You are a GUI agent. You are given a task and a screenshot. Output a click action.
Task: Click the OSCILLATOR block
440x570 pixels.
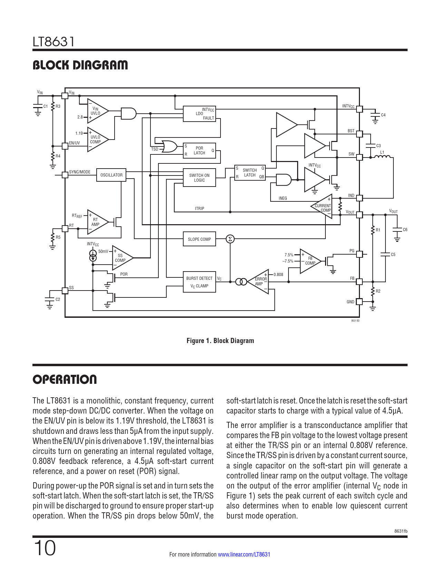[111, 175]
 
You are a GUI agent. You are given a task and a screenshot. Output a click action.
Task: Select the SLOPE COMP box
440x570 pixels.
[199, 239]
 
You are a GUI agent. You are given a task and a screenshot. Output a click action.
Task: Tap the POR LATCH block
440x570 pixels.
[199, 151]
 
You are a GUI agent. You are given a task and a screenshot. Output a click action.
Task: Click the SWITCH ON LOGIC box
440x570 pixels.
[199, 178]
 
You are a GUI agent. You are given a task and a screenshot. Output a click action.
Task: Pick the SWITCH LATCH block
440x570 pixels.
[250, 173]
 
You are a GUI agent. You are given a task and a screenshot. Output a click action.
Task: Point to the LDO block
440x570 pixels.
[199, 114]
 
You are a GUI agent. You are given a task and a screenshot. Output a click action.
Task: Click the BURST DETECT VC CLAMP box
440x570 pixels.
[199, 282]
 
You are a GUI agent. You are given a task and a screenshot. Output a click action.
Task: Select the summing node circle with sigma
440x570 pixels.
[230, 239]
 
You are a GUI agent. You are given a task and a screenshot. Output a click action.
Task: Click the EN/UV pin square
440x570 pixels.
[65, 146]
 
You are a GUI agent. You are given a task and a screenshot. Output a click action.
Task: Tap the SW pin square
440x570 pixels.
[360, 158]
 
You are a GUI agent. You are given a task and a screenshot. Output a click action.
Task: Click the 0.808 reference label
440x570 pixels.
[278, 274]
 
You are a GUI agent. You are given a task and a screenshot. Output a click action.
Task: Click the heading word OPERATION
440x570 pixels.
[65, 380]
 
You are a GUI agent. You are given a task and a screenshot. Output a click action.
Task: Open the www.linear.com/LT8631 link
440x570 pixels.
[244, 554]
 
